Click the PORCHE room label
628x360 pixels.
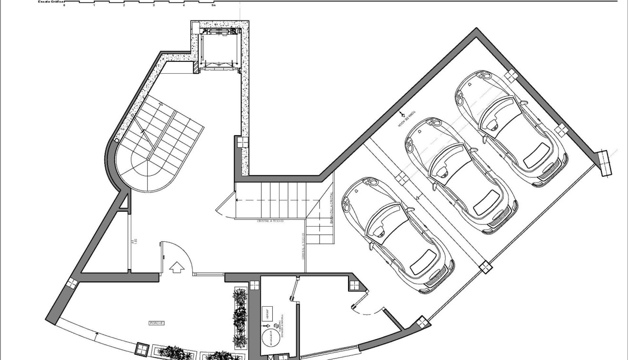pos(156,323)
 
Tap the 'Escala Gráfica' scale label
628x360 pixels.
pos(51,2)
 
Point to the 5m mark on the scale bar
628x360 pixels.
pos(214,5)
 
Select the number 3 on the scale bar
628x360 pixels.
pos(154,5)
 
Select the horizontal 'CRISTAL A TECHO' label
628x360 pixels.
pos(270,221)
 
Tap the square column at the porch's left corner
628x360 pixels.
pos(71,283)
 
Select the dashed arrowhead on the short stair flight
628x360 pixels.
pos(239,200)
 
